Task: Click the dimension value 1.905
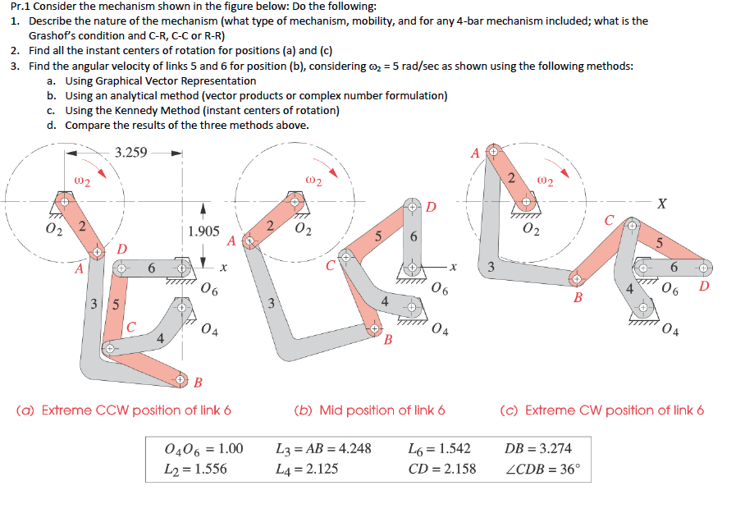(x=203, y=232)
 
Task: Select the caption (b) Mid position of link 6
(x=370, y=410)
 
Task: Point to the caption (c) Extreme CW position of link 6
(x=602, y=410)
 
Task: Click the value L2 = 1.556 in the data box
(x=196, y=470)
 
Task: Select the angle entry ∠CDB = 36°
(x=542, y=470)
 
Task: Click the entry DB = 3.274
(x=538, y=448)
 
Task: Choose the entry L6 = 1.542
(x=439, y=448)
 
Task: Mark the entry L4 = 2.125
(x=308, y=470)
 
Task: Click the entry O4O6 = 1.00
(x=203, y=448)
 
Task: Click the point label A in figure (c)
(x=475, y=153)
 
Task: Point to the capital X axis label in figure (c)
(x=662, y=204)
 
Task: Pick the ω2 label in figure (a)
(x=82, y=179)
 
